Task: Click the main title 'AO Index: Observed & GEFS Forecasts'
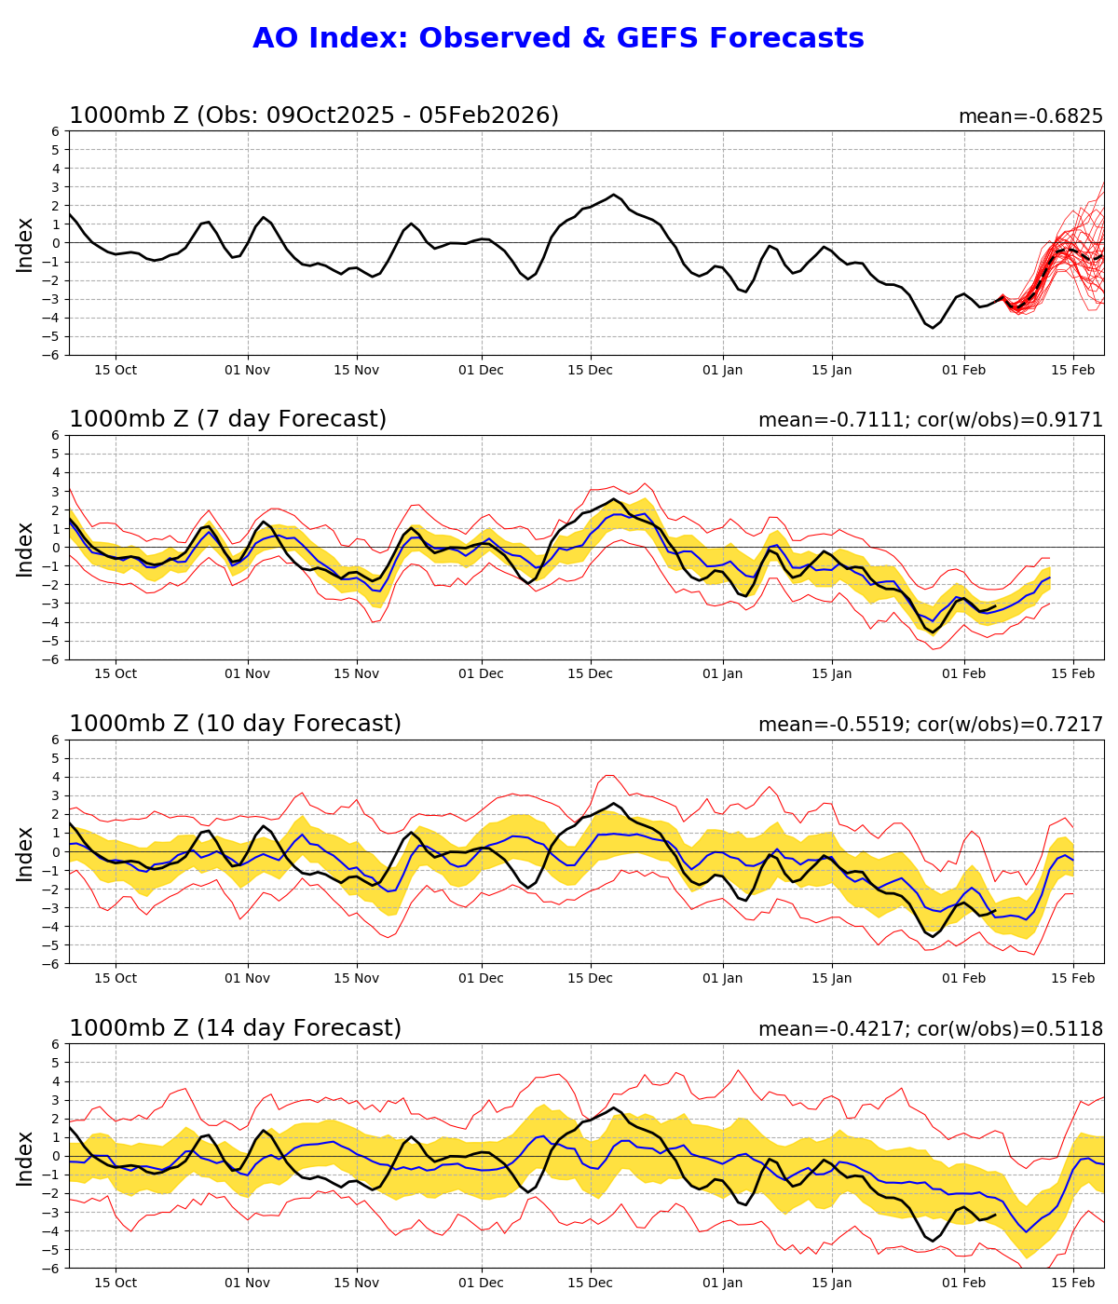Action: tap(558, 38)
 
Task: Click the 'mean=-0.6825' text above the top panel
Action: tap(1030, 116)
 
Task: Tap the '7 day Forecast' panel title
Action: tap(227, 419)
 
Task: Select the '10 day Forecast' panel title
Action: tap(235, 724)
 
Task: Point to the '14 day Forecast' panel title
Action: tap(235, 1028)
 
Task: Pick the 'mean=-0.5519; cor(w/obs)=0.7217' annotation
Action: tap(930, 725)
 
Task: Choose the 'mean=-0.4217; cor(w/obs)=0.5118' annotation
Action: tap(930, 1029)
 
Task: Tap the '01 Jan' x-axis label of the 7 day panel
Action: tap(723, 674)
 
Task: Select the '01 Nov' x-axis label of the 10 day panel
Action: tap(248, 979)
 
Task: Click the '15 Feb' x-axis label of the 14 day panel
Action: tap(1073, 1284)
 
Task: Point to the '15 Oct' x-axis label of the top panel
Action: tap(116, 370)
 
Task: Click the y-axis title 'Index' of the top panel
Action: tap(25, 244)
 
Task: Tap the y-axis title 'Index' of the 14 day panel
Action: tap(25, 1157)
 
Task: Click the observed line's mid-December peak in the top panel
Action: tap(613, 195)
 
